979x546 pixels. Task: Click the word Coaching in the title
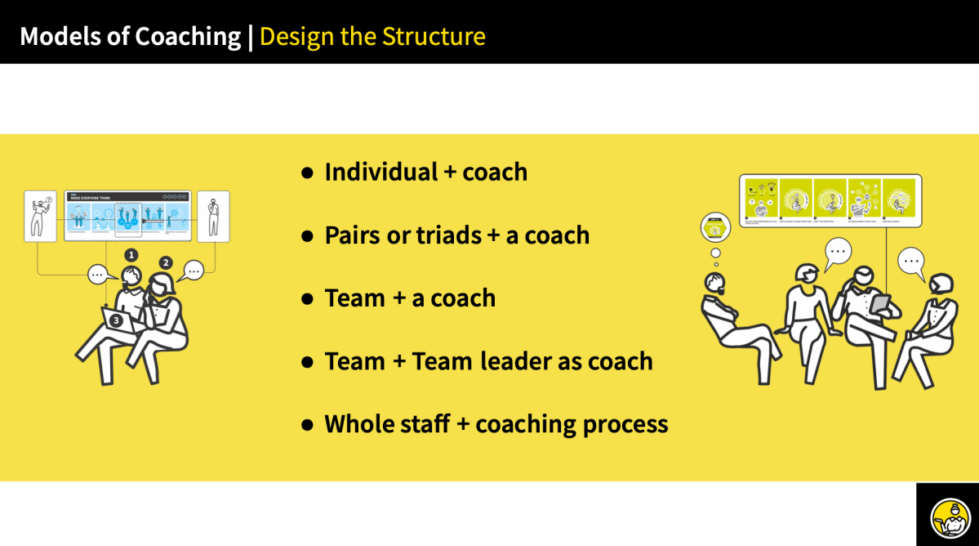[x=187, y=37]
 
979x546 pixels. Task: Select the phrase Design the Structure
[x=372, y=37]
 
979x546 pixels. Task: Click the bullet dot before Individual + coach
[x=308, y=173]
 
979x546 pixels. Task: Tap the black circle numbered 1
[x=131, y=255]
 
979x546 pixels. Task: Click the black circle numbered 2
[x=166, y=262]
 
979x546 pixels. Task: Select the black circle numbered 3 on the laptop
[x=116, y=321]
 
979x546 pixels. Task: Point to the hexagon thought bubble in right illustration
[x=715, y=228]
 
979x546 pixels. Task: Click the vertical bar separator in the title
[x=250, y=37]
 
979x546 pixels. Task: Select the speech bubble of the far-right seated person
[x=911, y=262]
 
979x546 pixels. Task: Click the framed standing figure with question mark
[x=40, y=216]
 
